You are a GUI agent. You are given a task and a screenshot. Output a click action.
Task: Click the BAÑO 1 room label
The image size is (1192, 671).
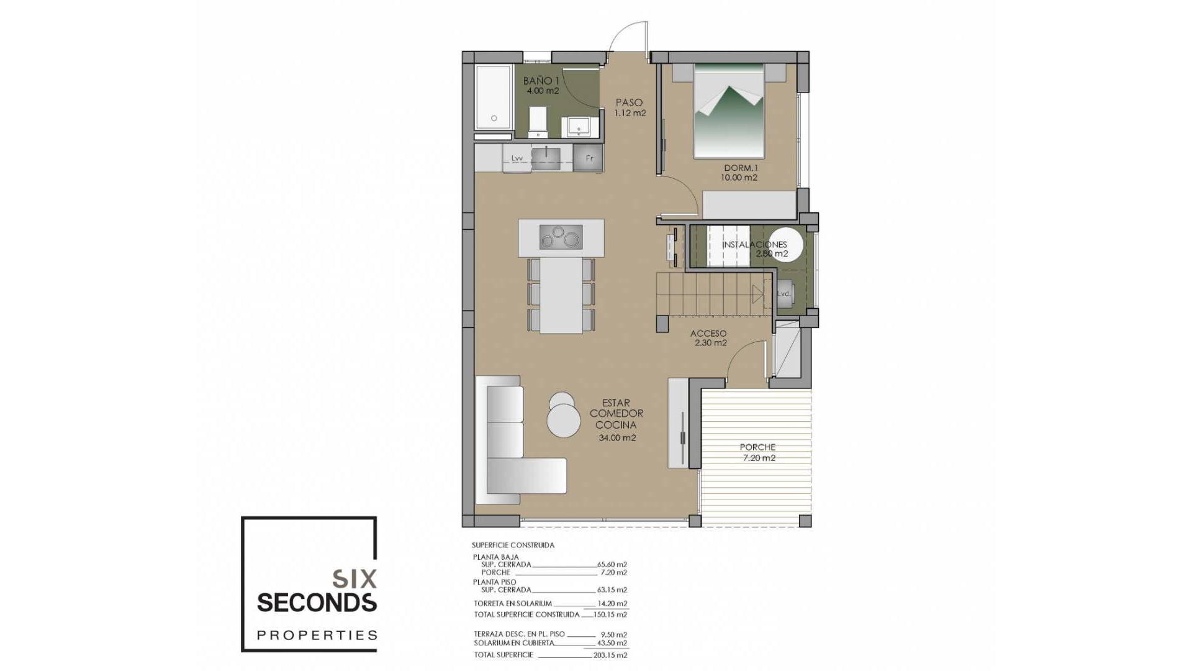(x=541, y=81)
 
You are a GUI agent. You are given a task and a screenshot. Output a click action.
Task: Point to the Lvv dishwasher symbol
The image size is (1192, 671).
(x=517, y=158)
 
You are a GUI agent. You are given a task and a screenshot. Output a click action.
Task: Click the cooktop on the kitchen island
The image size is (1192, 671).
(x=561, y=237)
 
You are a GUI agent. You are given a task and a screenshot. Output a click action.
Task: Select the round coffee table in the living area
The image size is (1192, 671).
(x=563, y=419)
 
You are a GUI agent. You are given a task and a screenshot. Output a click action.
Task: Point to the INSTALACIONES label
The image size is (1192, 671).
(x=754, y=245)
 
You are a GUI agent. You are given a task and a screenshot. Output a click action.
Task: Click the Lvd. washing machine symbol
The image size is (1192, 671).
(x=783, y=293)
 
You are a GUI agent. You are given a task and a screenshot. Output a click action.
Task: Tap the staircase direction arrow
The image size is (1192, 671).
(x=757, y=294)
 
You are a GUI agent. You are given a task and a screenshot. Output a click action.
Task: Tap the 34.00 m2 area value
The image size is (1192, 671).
(x=617, y=438)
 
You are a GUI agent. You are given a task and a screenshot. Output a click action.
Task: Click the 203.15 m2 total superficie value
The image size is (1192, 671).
(x=612, y=655)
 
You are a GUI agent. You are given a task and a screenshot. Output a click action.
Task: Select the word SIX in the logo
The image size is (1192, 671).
(x=354, y=579)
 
